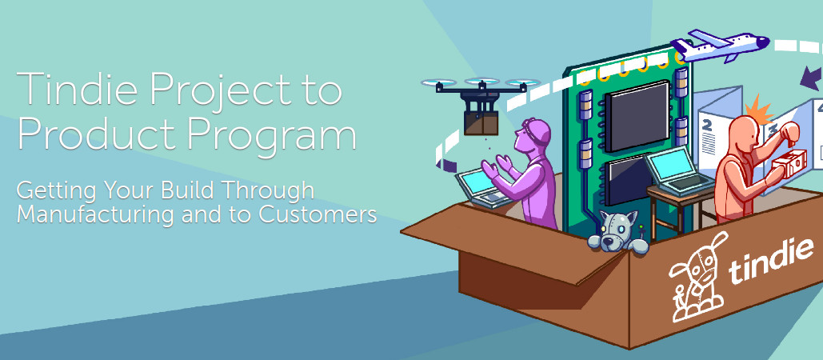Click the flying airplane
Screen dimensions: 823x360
click(x=718, y=45)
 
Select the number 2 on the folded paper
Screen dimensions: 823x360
click(x=706, y=126)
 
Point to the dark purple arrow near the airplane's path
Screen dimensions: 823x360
click(x=811, y=78)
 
